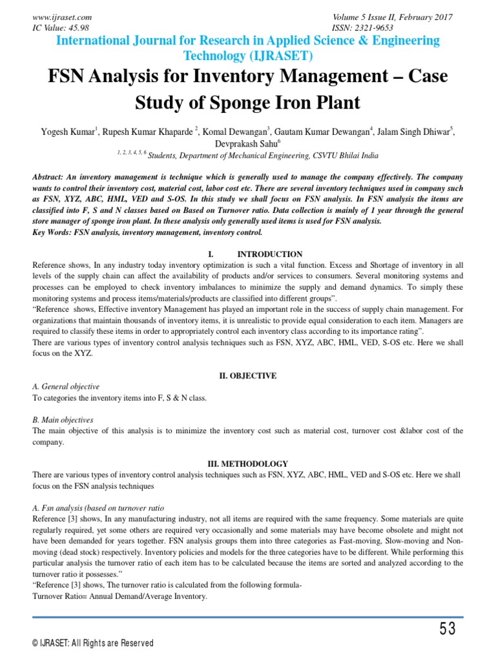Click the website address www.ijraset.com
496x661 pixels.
point(62,17)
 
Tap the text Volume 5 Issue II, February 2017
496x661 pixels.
point(392,17)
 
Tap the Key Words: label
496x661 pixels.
point(52,231)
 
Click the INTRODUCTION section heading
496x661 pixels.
point(269,254)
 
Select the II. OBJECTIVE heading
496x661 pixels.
point(247,375)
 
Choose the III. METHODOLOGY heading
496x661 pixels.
point(247,463)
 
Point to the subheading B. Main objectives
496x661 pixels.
point(63,420)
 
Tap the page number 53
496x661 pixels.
point(448,629)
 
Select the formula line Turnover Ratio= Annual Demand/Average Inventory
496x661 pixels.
point(119,596)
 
